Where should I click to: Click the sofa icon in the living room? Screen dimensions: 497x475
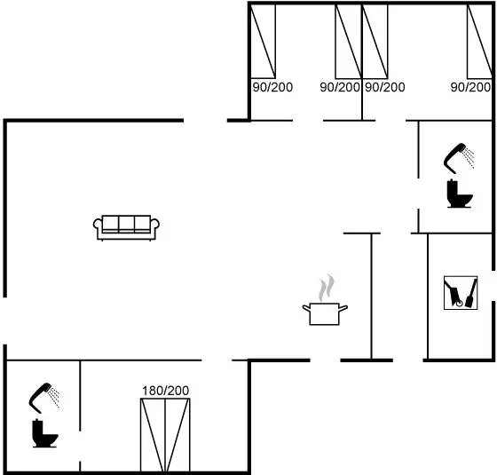point(126,227)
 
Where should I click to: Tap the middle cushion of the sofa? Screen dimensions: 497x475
point(126,224)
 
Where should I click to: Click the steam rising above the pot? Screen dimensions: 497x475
point(327,288)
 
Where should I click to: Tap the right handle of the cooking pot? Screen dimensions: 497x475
point(343,308)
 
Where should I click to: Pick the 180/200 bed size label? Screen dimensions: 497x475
point(165,391)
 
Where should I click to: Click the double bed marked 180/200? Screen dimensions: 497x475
point(165,435)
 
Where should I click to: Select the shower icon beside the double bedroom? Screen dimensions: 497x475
point(43,398)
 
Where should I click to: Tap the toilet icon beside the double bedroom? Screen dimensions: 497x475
point(44,433)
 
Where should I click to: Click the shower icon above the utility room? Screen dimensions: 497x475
point(459,158)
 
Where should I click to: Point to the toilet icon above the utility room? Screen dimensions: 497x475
point(460,194)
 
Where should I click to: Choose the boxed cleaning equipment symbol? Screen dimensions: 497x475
point(461,293)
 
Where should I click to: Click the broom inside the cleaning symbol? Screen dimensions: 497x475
point(471,293)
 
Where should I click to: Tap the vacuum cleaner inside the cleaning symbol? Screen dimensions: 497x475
point(454,294)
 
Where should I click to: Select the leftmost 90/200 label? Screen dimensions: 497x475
point(272,87)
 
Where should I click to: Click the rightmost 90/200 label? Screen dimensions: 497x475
point(470,87)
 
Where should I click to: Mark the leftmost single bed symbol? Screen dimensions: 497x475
point(263,41)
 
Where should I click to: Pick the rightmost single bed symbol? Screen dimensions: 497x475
point(479,41)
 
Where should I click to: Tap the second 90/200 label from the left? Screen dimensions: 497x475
point(340,87)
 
